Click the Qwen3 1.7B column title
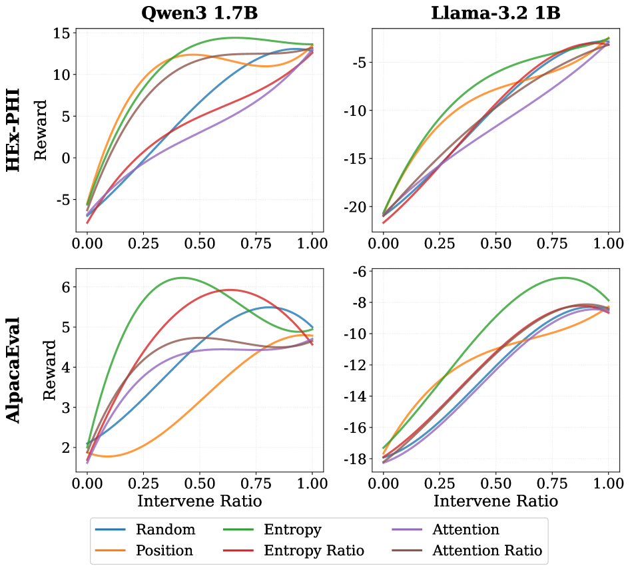click(199, 13)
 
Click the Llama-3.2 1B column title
click(495, 13)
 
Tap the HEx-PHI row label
click(13, 130)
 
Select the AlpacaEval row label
click(13, 370)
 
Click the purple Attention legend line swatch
click(407, 529)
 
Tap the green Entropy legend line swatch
click(238, 529)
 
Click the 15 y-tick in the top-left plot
click(61, 33)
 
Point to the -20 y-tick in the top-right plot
click(355, 207)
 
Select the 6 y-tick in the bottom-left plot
click(65, 287)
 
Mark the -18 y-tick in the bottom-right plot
click(355, 459)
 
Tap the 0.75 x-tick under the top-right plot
click(552, 243)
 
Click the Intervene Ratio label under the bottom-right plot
click(495, 501)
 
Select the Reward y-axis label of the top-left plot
click(41, 130)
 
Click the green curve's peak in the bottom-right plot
click(564, 278)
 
